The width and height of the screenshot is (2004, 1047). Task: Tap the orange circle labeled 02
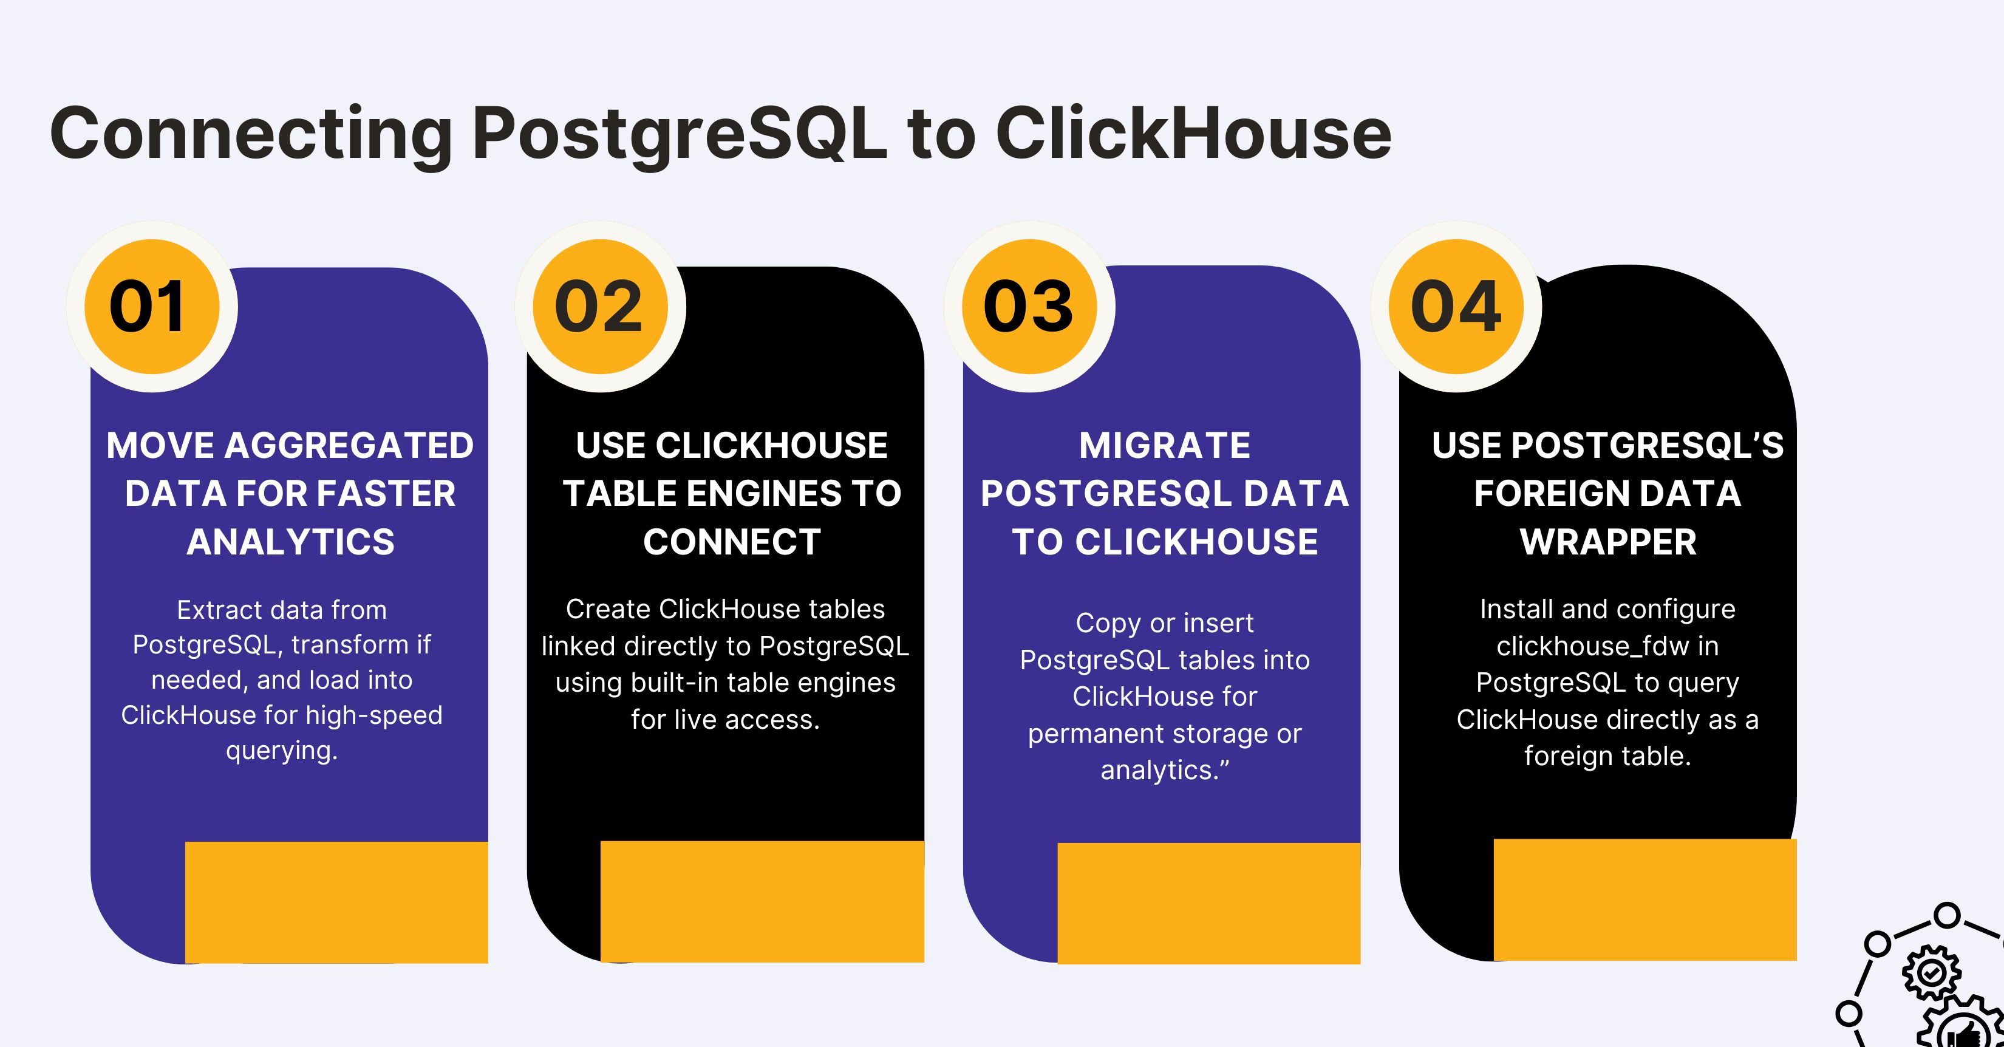[599, 307]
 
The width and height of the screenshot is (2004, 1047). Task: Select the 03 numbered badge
[1029, 307]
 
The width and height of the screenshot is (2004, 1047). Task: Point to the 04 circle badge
[1456, 307]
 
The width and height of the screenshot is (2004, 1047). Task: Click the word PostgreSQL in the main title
[679, 134]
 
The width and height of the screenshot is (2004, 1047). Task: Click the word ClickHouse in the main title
[1193, 134]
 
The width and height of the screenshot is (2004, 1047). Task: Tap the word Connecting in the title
[250, 134]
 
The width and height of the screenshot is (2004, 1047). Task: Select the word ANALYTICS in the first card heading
[290, 541]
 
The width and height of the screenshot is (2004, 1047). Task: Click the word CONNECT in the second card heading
[731, 541]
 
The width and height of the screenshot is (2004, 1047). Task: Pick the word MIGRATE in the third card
[1165, 446]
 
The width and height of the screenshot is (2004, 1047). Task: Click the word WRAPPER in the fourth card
[1607, 541]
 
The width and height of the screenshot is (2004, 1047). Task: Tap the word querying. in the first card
[282, 751]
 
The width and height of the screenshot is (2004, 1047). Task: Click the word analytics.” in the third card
[1165, 770]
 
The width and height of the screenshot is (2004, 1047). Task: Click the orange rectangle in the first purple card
[336, 902]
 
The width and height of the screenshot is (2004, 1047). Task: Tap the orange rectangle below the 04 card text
[1644, 899]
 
